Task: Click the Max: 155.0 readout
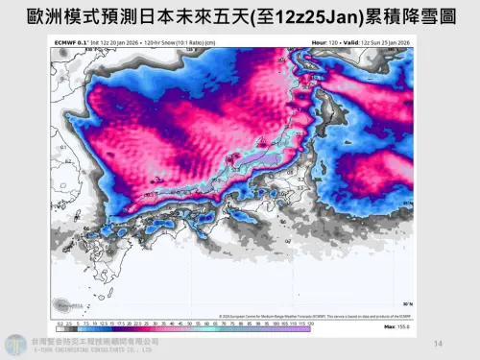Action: point(399,328)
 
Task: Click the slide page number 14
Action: point(439,343)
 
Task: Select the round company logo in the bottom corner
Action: point(15,345)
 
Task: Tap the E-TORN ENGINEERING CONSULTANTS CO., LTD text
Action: point(91,350)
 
